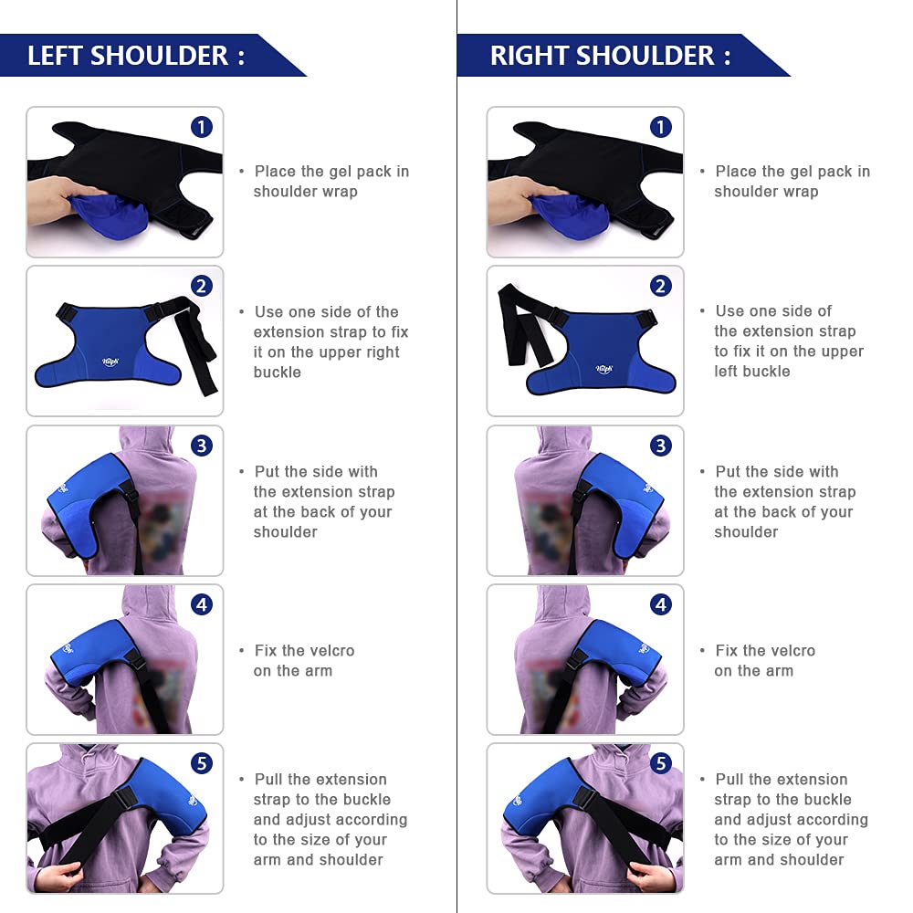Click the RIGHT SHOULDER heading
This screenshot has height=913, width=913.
pos(610,56)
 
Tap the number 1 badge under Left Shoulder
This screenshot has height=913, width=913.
pos(202,127)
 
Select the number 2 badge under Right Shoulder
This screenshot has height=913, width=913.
pos(662,286)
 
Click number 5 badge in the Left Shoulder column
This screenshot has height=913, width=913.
pos(202,763)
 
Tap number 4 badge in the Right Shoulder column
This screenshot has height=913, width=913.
pos(662,604)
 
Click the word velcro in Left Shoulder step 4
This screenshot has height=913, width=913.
pos(331,651)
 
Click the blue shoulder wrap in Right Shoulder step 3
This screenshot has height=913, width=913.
pos(621,498)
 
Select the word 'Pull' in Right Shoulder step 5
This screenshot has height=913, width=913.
pos(729,780)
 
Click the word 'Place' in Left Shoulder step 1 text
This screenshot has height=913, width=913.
pos(275,172)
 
